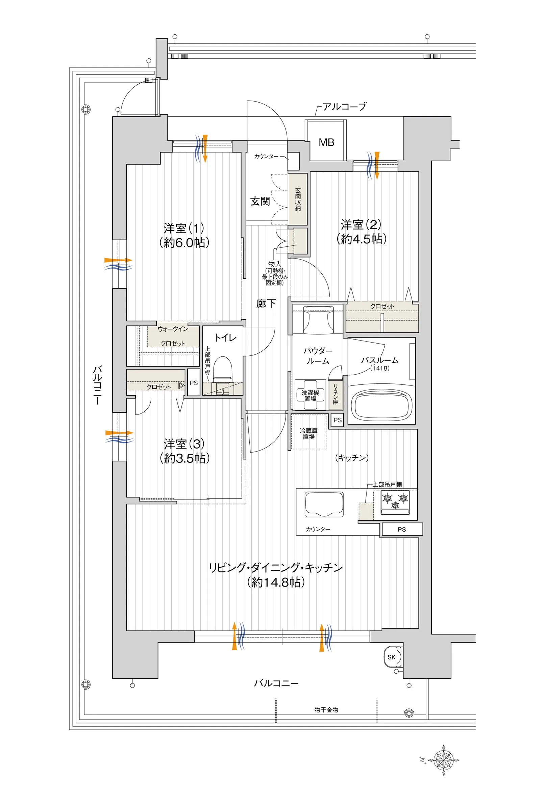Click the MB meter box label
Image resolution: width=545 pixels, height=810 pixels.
coord(326,142)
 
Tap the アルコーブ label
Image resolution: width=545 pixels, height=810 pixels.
coord(344,107)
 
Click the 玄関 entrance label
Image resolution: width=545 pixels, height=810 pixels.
coord(260,201)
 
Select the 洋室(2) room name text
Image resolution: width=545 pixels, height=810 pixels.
coord(361,225)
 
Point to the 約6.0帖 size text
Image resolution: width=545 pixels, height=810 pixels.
coord(184,242)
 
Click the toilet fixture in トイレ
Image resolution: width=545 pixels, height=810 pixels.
coord(222,369)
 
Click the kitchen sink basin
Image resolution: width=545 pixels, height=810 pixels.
coord(324,504)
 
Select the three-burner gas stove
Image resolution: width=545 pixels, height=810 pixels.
coord(395,503)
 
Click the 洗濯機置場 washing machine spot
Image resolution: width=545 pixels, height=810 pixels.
coord(311,395)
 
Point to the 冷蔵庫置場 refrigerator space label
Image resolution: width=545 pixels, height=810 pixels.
coord(308,433)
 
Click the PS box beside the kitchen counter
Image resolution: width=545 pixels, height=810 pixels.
coord(402,529)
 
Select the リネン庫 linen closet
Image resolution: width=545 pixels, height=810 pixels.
coord(336,394)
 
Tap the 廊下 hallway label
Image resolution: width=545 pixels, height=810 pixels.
coord(266,303)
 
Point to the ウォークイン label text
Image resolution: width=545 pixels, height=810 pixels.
coord(173,329)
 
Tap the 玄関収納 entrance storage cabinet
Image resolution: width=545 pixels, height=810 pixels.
coord(298,199)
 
